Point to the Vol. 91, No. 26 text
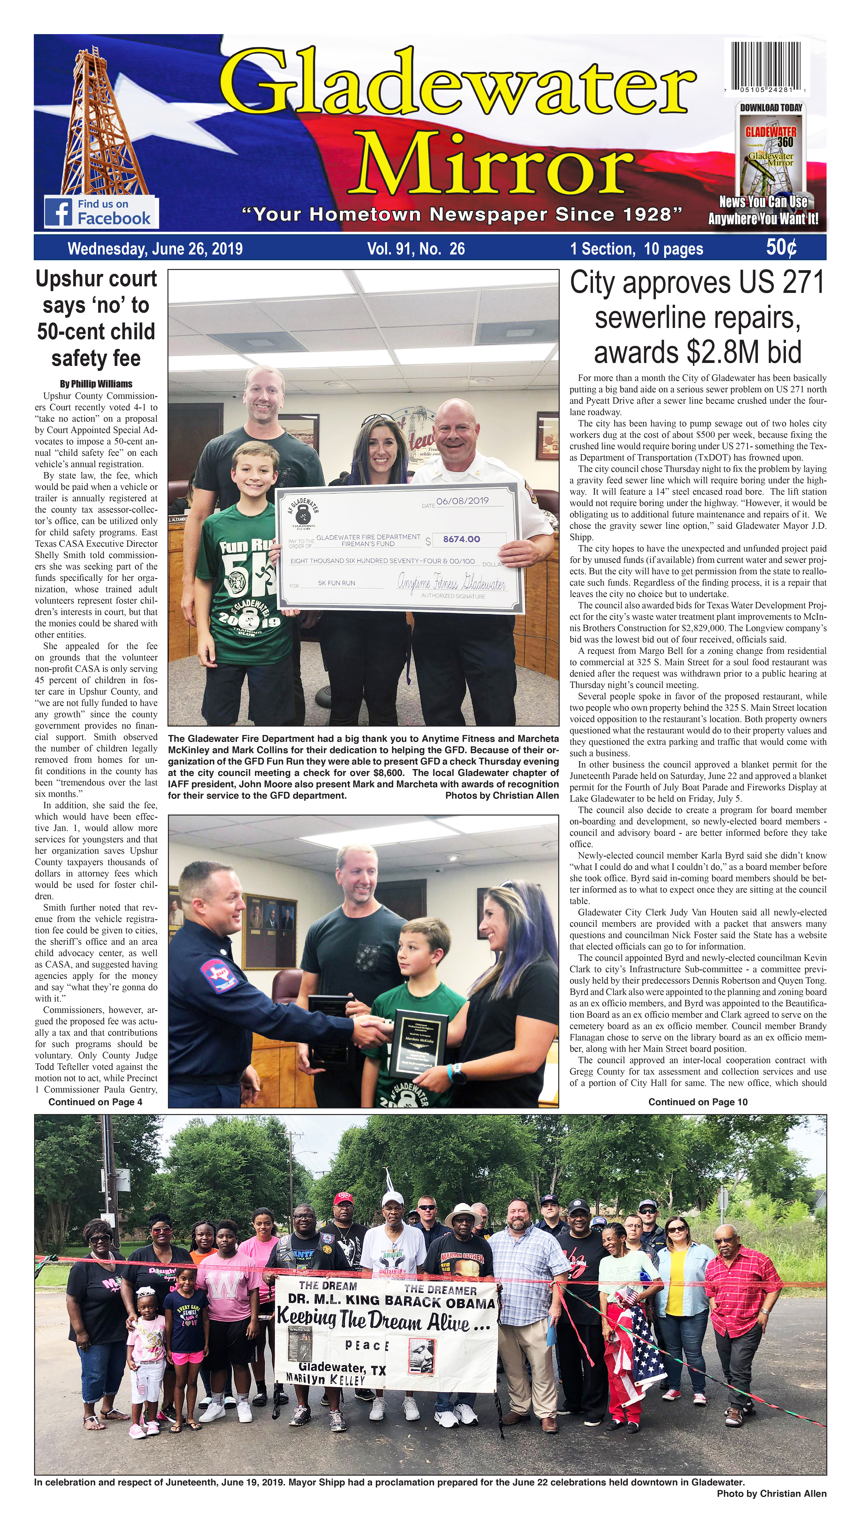point(416,249)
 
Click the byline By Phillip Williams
point(96,384)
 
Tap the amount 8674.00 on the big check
point(461,539)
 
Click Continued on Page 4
point(95,1102)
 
